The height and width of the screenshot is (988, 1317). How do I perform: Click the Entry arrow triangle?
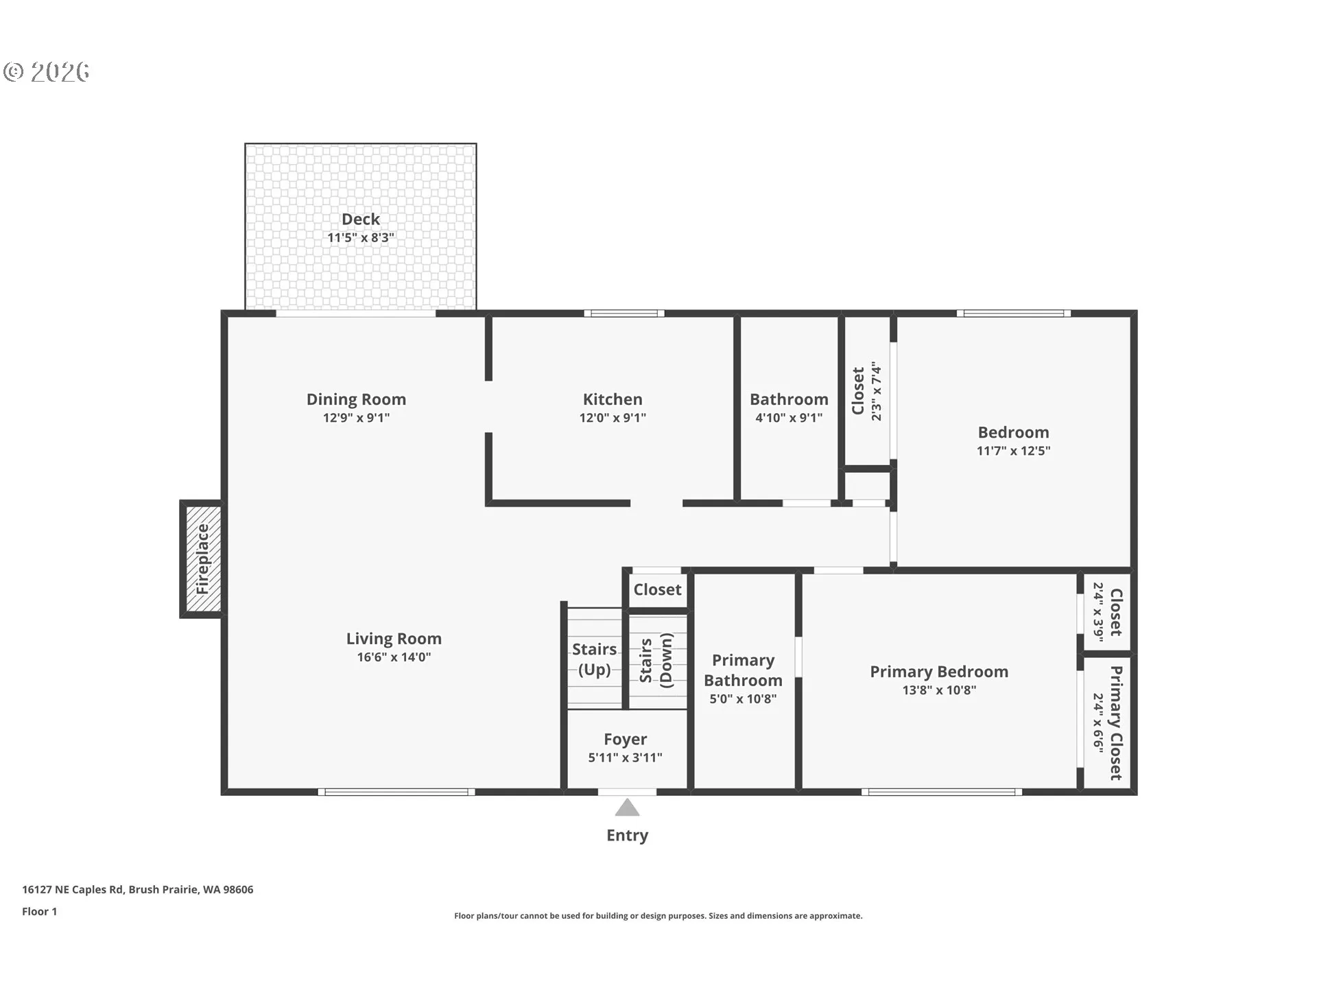click(x=627, y=808)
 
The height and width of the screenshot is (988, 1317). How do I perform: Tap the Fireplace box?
click(x=202, y=559)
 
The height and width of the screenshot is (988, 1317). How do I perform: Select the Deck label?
click(x=361, y=219)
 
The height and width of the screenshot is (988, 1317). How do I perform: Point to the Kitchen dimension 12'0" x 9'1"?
click(x=613, y=417)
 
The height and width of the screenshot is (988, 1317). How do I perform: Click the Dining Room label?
click(x=356, y=399)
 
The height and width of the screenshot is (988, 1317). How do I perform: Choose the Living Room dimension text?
click(x=394, y=657)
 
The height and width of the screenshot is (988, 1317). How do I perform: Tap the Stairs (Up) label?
click(x=594, y=659)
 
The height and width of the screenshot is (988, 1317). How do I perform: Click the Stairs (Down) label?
click(x=656, y=659)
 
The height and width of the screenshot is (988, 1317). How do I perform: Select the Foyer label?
click(x=625, y=739)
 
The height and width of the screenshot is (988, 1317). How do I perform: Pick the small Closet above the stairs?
click(x=657, y=589)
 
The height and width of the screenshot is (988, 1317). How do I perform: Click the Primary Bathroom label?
click(x=743, y=670)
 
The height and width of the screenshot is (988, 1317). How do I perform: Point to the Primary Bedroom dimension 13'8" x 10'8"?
click(x=939, y=690)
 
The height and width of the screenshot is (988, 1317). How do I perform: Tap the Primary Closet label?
click(x=1116, y=723)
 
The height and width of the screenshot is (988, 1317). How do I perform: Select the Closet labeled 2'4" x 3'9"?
click(x=1107, y=612)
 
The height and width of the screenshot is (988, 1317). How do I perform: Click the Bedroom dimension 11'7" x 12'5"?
click(x=1013, y=450)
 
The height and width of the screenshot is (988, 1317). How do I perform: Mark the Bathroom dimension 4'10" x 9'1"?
click(x=789, y=417)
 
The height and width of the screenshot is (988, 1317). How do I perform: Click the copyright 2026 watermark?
click(x=47, y=71)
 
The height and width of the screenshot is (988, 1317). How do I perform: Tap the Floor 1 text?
click(x=39, y=911)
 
